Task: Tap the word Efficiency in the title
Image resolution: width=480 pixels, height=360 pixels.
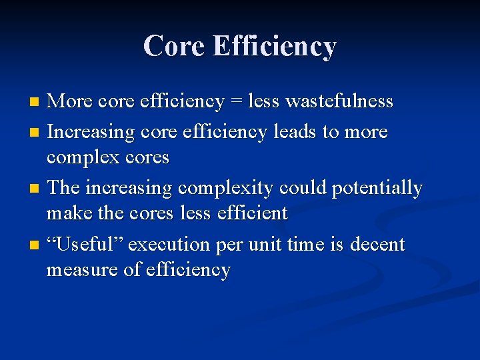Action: tap(274, 47)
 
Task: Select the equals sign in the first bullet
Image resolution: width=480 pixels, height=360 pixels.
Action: tap(235, 101)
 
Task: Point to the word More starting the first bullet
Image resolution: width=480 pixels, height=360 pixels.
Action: tap(71, 101)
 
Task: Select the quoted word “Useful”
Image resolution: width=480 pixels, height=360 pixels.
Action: tap(85, 245)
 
